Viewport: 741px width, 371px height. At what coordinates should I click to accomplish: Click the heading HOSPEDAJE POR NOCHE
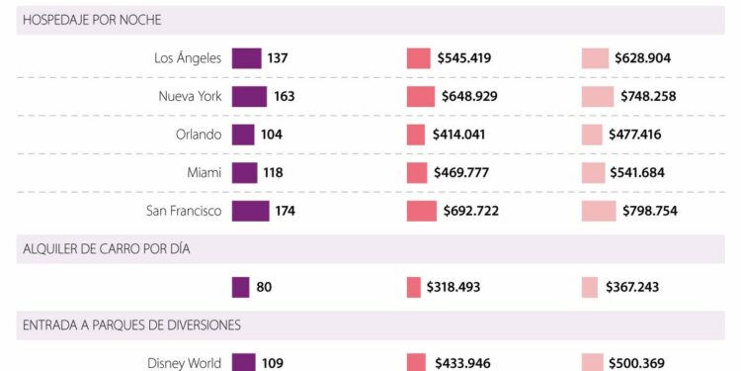click(92, 20)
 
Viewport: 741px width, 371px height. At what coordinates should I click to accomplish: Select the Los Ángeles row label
click(188, 58)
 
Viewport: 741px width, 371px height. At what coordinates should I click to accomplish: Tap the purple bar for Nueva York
click(249, 96)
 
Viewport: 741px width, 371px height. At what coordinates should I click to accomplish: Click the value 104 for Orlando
click(272, 135)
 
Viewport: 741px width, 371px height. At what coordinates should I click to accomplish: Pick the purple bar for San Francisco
click(250, 211)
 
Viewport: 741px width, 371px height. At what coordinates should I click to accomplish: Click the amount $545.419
click(464, 58)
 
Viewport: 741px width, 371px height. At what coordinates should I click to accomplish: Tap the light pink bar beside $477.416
click(592, 135)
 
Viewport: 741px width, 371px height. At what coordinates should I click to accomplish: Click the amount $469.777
click(462, 173)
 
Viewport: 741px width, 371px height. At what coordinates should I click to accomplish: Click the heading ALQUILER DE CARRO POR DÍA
click(107, 249)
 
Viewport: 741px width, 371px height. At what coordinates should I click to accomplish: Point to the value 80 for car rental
click(264, 288)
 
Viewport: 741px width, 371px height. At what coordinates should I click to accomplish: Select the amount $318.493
click(460, 288)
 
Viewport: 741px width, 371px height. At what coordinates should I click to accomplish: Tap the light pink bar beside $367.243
click(590, 288)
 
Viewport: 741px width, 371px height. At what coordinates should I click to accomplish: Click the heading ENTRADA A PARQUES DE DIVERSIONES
click(131, 325)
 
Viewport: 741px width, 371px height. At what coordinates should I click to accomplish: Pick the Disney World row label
click(185, 363)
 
